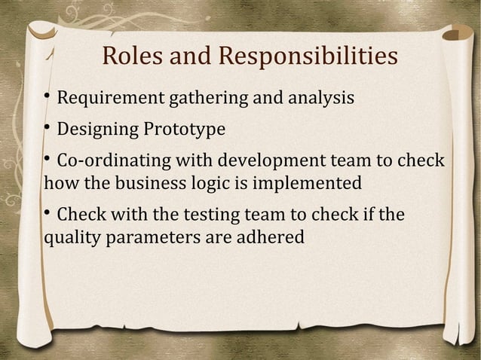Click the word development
click(x=265, y=162)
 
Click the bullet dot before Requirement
click(x=47, y=98)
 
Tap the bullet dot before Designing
click(x=47, y=129)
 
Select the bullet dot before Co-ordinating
click(x=47, y=160)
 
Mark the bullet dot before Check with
click(x=47, y=215)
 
